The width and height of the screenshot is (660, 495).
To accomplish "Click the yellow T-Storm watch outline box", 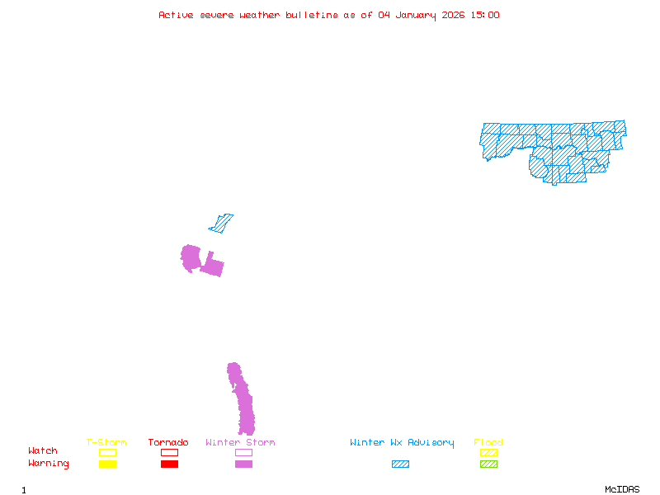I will [x=107, y=452].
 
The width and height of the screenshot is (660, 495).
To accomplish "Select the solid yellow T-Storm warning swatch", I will [x=107, y=464].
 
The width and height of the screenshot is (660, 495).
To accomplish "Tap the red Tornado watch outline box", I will [x=169, y=452].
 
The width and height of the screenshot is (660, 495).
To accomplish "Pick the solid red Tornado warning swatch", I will [x=169, y=464].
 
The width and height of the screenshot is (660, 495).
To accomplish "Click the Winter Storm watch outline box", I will [x=243, y=452].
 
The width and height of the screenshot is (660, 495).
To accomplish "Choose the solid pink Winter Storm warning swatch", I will [x=243, y=464].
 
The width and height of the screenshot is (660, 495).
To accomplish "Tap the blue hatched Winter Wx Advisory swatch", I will [x=400, y=464].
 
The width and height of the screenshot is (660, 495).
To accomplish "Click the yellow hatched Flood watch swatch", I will [x=488, y=452].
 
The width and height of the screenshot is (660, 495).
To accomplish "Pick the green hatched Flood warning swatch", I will [x=488, y=464].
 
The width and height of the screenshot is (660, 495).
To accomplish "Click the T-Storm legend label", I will [x=106, y=442].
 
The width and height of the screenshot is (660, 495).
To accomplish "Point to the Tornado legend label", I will [x=168, y=442].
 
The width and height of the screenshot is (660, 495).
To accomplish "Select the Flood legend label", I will [x=488, y=442].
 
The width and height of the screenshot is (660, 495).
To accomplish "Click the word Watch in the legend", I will [x=43, y=451].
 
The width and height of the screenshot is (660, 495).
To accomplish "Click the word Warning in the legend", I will [x=49, y=464].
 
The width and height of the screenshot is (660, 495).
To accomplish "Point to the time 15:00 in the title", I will [x=484, y=15].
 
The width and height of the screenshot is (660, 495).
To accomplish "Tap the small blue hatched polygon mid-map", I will [x=221, y=224].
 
